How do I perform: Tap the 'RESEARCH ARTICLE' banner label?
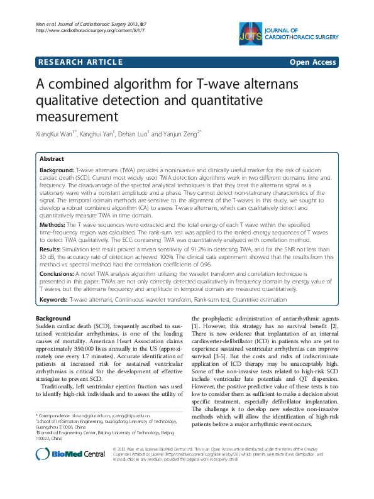point(80,62)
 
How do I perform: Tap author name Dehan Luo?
point(131,134)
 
